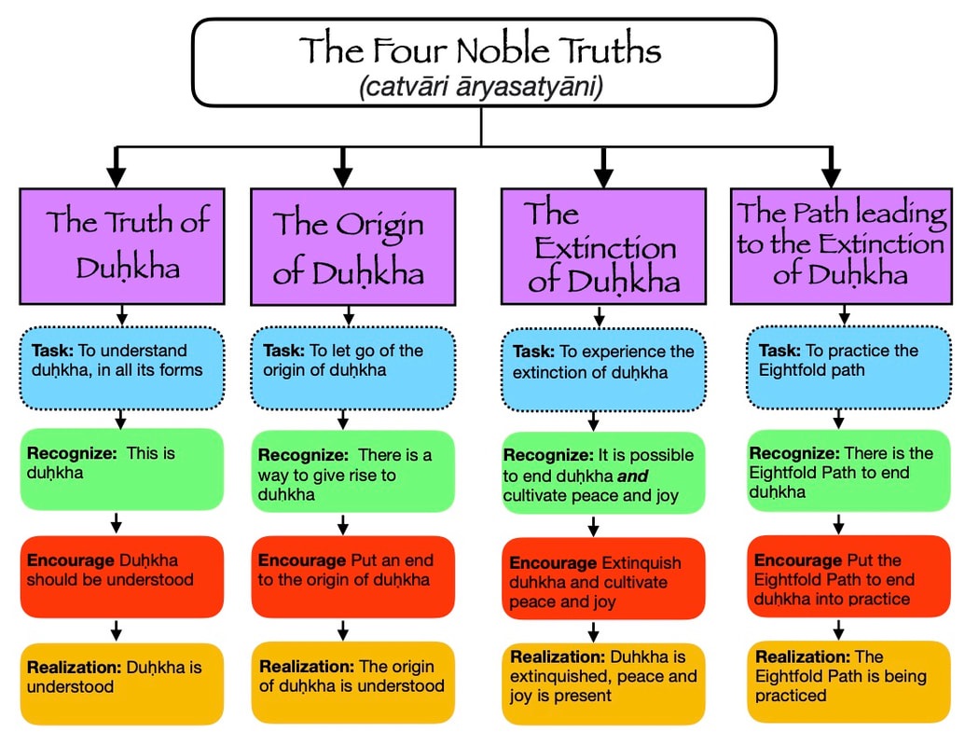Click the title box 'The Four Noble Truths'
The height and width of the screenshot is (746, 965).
(x=483, y=62)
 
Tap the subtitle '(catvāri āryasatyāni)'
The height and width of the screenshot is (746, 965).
(x=481, y=88)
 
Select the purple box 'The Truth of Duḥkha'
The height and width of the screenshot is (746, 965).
(x=122, y=245)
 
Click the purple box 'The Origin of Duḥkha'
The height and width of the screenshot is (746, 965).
(x=352, y=246)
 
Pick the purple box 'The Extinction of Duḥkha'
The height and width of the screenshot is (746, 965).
(x=602, y=246)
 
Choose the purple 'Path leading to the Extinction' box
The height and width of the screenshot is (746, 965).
(x=840, y=244)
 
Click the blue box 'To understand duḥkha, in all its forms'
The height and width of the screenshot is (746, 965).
(x=122, y=368)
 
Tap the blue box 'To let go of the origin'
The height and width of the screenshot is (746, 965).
(x=352, y=368)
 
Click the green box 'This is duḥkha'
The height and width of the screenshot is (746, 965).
(x=122, y=469)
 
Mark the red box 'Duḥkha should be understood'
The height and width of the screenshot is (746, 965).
(x=122, y=576)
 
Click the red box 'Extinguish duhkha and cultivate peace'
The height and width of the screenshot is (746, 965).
(x=602, y=578)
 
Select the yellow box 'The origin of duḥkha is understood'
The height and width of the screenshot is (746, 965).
(x=352, y=682)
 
